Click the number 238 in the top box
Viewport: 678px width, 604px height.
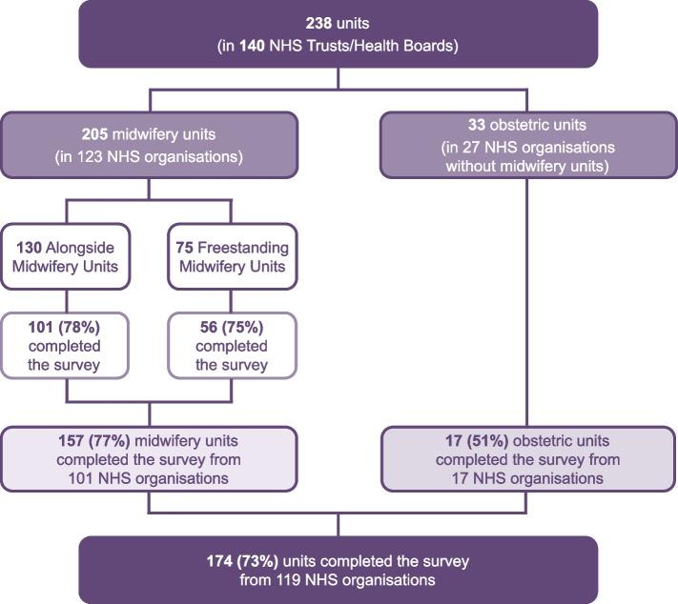coord(318,23)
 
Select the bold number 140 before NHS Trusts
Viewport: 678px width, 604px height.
coord(252,46)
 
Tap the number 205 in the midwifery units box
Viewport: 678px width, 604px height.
coord(94,134)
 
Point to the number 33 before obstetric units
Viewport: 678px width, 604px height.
coord(477,125)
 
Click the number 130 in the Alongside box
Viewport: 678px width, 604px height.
coord(29,248)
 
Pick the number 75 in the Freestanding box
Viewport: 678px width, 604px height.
coord(184,248)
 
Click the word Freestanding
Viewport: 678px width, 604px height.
coord(243,248)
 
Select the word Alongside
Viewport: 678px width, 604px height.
coord(80,248)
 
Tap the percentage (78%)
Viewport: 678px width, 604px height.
coord(79,327)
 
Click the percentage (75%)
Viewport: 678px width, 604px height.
coord(242,327)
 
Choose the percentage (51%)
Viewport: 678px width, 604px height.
coord(487,441)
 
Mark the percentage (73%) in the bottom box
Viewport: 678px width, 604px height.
coord(257,561)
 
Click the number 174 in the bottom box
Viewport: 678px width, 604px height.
coord(219,561)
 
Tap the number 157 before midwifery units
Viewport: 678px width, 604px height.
coord(72,441)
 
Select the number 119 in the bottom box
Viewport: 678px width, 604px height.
coord(289,580)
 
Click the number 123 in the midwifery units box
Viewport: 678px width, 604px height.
coord(90,157)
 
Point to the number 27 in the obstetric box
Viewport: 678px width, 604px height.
coord(471,148)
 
